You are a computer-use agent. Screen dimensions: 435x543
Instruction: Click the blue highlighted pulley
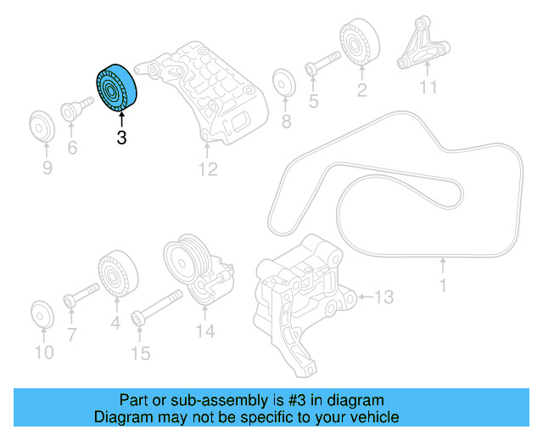click(x=115, y=89)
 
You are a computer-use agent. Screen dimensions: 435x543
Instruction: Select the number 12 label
click(x=208, y=170)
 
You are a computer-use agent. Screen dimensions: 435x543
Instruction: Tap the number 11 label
click(x=428, y=88)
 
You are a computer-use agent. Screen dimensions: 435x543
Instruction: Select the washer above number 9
click(x=41, y=127)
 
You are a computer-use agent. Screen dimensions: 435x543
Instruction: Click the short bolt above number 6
click(x=74, y=110)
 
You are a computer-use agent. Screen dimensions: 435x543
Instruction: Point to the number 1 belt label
click(x=442, y=286)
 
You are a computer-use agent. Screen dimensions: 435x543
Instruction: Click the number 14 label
click(x=206, y=332)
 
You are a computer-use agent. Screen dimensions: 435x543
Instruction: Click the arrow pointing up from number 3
click(x=121, y=121)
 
